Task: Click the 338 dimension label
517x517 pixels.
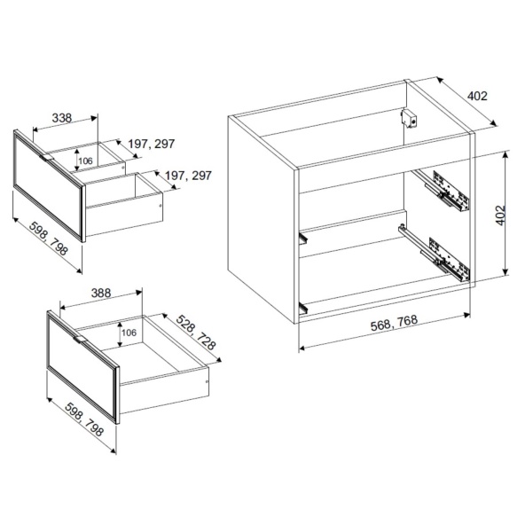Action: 62,118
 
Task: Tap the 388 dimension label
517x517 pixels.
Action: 101,293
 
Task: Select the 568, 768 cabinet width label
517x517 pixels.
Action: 394,323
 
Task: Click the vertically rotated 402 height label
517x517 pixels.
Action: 500,215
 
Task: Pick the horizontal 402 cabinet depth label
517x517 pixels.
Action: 477,96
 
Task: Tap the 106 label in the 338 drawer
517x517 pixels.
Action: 86,161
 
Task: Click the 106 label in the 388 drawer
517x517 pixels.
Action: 129,333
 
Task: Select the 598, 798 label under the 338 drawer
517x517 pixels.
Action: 49,238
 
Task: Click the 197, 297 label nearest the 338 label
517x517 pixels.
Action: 151,144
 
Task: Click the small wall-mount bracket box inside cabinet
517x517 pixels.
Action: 409,118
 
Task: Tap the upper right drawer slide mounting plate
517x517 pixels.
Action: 450,191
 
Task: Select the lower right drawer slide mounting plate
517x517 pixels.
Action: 449,258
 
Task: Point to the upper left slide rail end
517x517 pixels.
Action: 303,238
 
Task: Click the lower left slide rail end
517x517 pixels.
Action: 303,308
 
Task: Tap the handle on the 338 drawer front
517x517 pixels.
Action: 46,158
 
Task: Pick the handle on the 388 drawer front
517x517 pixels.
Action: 80,340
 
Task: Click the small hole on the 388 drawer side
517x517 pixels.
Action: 207,382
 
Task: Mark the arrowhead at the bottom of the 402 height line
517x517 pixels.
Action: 505,271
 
